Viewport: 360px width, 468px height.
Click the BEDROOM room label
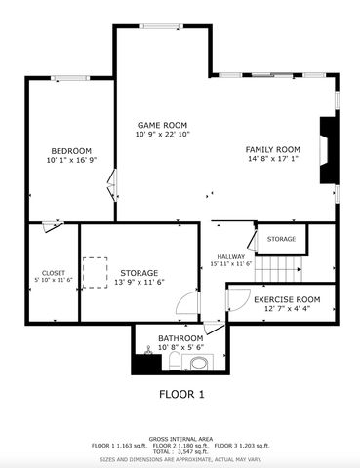71,150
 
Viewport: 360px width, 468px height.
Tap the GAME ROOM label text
161,125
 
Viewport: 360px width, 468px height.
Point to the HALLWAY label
231,256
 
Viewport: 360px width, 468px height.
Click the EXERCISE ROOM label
287,299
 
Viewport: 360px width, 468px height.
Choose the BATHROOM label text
180,338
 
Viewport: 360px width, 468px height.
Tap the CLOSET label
53,272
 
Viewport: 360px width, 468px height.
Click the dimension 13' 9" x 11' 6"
139,282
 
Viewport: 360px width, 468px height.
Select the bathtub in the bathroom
199,363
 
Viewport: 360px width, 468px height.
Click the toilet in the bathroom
173,364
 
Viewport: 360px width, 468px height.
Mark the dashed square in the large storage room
96,270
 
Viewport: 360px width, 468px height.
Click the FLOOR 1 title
181,395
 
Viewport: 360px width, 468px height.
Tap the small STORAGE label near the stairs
281,239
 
